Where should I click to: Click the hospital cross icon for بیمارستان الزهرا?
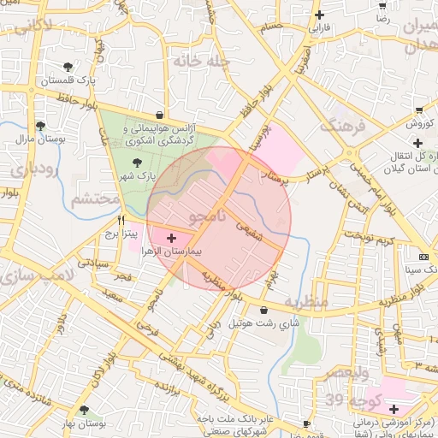point(171,236)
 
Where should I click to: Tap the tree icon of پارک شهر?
point(136,161)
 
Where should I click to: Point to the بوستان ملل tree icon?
point(40,126)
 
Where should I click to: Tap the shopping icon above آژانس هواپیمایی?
point(160,114)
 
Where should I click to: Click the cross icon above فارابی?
point(319,15)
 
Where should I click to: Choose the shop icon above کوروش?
point(419,110)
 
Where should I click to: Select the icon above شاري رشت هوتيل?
point(262,309)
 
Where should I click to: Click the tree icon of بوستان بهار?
point(83,411)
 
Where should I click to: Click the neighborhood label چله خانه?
point(198,62)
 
